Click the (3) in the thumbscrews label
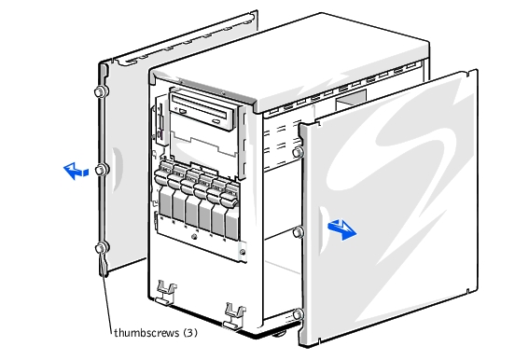[x=190, y=333]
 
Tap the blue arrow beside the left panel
[x=76, y=171]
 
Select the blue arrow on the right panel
[x=341, y=229]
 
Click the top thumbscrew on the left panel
[x=100, y=92]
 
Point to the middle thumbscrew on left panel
[x=101, y=170]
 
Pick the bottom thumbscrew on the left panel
[x=101, y=248]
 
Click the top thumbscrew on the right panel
[x=298, y=152]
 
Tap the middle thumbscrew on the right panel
[x=298, y=232]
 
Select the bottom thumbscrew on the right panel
[x=298, y=314]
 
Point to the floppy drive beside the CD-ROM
[x=160, y=121]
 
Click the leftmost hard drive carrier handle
[x=162, y=175]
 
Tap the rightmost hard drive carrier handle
[x=230, y=196]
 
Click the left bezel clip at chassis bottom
[x=166, y=291]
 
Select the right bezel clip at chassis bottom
[x=234, y=314]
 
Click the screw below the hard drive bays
[x=194, y=237]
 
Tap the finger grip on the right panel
[x=324, y=231]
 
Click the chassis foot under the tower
[x=279, y=334]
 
